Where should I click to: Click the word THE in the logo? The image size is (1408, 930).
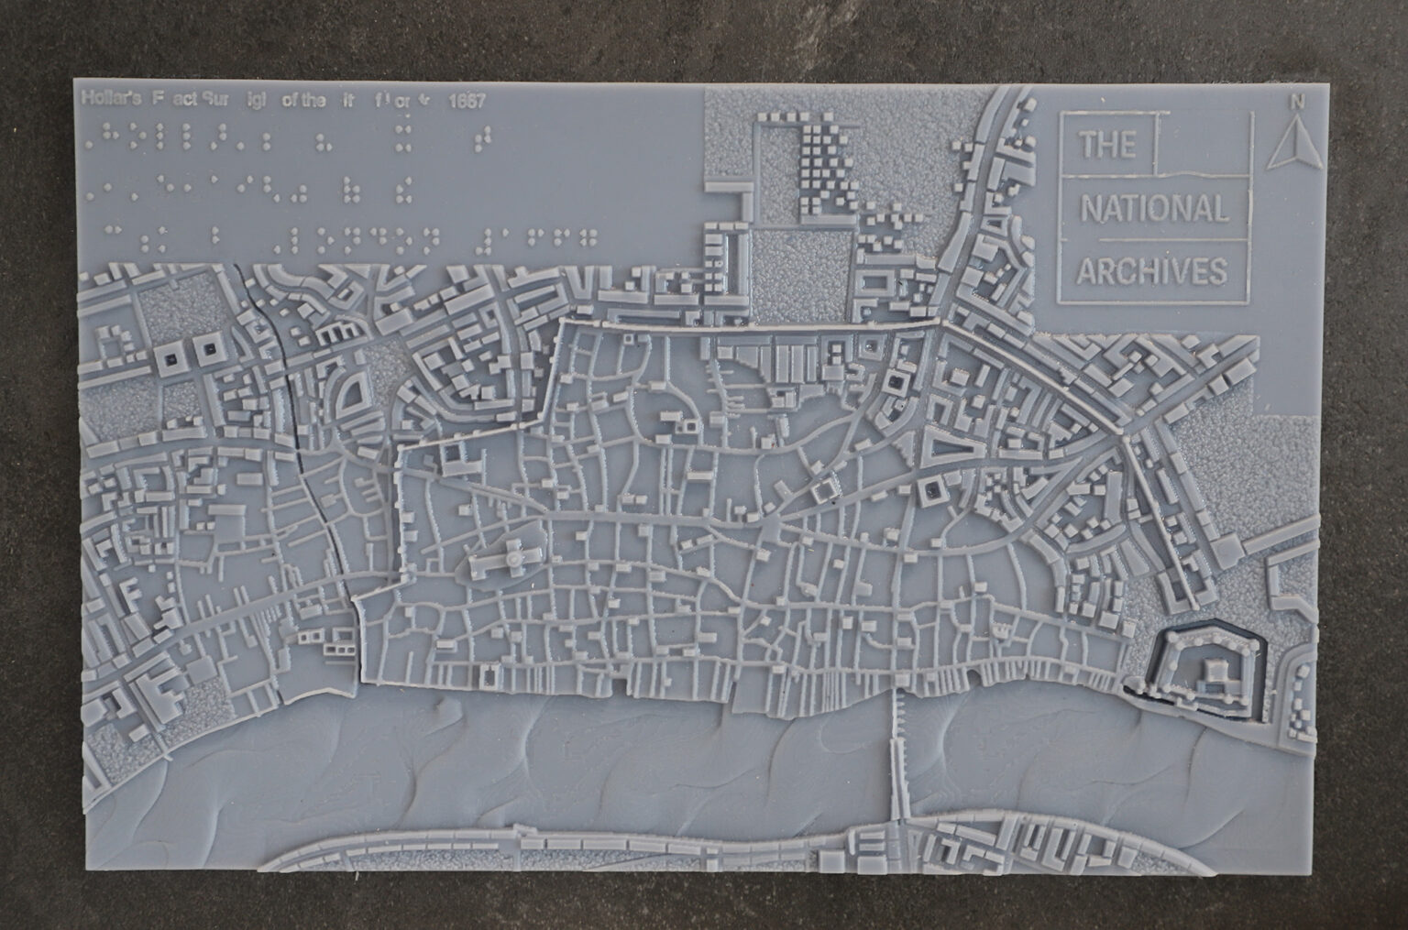tap(1107, 146)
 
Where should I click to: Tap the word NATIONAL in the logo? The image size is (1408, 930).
tap(1153, 210)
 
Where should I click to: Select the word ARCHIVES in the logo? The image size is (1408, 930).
tap(1152, 271)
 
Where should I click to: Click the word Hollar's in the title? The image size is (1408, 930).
tap(109, 99)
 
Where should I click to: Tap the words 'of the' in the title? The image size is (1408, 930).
tap(303, 101)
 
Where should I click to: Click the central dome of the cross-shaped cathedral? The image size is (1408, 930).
tap(515, 555)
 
